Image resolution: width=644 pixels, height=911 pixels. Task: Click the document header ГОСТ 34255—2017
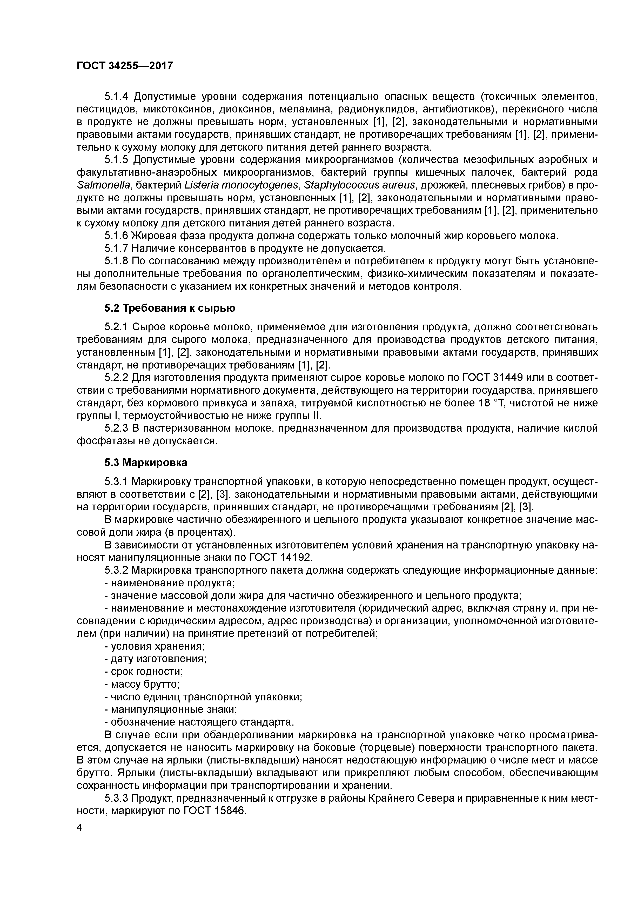point(125,65)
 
